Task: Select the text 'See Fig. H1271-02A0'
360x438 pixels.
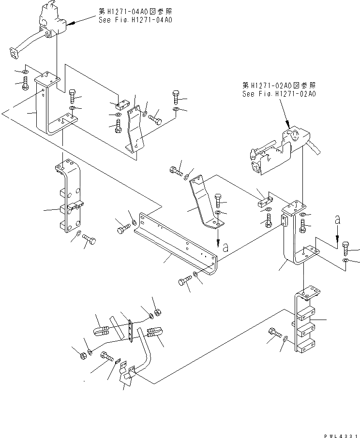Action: tap(279, 94)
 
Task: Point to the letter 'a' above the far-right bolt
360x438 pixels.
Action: tap(338, 220)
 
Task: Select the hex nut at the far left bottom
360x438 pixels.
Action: tap(82, 355)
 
